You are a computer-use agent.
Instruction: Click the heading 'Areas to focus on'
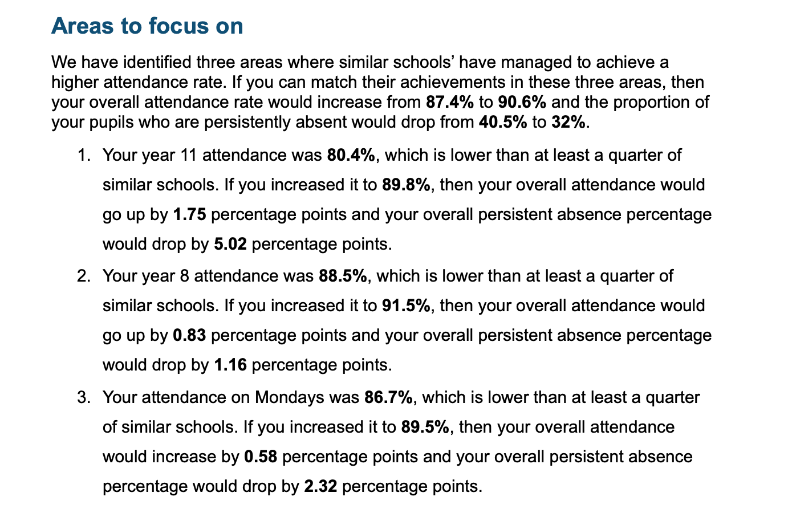pos(147,26)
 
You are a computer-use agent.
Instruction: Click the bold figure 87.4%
pos(449,103)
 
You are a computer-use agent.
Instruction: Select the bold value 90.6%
pos(522,103)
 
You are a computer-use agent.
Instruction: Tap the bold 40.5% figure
pos(503,123)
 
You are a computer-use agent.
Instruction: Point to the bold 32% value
pos(568,123)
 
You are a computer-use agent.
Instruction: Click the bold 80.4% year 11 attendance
pos(351,155)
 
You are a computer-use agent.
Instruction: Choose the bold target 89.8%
pos(407,185)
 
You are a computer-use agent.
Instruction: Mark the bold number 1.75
pos(190,214)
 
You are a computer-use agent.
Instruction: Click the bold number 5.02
pos(230,244)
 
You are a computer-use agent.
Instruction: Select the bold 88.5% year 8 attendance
pos(343,276)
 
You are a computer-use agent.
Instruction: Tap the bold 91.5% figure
pos(407,306)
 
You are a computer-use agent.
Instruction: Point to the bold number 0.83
pos(190,335)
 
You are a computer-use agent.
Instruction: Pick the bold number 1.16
pos(230,365)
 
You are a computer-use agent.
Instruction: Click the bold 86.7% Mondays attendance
pos(388,397)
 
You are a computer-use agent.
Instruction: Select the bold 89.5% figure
pos(425,427)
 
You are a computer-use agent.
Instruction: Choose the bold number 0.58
pos(261,457)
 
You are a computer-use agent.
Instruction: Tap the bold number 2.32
pos(320,487)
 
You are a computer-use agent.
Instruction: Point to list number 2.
pos(84,276)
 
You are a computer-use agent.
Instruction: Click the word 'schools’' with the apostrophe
pos(424,62)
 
